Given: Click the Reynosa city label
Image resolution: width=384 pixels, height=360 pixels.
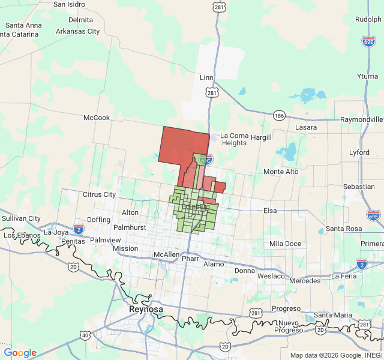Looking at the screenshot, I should pos(145,309).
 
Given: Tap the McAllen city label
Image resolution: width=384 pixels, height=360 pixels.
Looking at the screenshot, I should pos(166,254).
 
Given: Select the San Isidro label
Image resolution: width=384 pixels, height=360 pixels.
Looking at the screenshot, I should pos(68,4).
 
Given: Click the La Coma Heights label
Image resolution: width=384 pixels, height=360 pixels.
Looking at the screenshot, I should pos(233,139).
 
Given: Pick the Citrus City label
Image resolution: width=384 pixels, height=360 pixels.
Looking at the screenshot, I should pos(99,194).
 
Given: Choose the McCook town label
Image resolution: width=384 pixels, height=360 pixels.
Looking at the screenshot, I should pos(97,118).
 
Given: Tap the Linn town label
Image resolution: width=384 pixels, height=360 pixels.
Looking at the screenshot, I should pos(206,78).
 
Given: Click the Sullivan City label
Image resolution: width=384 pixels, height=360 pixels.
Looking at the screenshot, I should pos(20,218).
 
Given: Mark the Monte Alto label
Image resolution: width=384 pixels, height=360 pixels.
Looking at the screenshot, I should pos(281,172).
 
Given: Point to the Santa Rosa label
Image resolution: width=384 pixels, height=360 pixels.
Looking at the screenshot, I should pos(344,229).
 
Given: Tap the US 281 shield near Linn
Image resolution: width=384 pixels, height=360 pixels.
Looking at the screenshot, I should pos(211,93).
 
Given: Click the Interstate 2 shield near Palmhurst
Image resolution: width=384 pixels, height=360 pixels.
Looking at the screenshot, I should pos(79,229).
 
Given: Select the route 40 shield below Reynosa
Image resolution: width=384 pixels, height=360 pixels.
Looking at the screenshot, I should pos(86,335).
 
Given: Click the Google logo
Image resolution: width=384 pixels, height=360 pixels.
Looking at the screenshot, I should pos(20,353).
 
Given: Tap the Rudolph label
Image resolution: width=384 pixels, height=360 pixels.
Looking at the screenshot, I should pos(368,19).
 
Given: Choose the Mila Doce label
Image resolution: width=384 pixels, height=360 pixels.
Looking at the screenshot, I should pos(285,244).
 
